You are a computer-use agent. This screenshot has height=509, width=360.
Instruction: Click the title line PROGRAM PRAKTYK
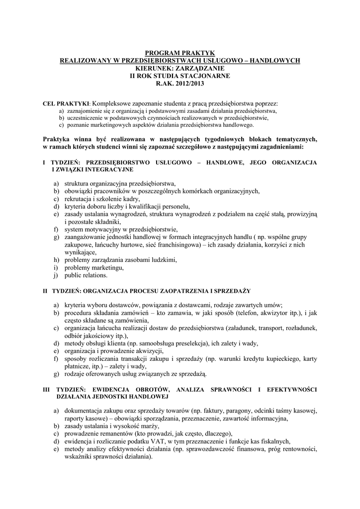pyautogui.click(x=180, y=52)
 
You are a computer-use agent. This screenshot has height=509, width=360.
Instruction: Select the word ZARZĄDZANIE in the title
pyautogui.click(x=200, y=68)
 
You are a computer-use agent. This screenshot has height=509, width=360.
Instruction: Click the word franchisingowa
pyautogui.click(x=175, y=245)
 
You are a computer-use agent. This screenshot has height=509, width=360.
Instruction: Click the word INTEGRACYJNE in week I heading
pyautogui.click(x=104, y=170)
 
